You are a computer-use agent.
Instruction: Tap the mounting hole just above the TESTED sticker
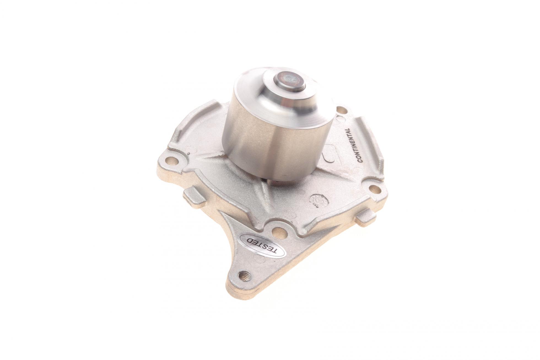[279, 224]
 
